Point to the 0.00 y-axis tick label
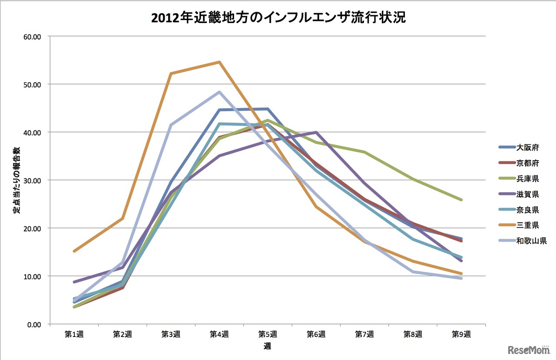tap(33, 324)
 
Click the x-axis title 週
tap(268, 346)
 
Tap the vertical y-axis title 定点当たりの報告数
tap(16, 180)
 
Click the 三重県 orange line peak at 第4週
tap(219, 62)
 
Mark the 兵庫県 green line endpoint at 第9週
tap(461, 200)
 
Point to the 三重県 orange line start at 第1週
tap(75, 251)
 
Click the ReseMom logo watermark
tap(528, 350)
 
